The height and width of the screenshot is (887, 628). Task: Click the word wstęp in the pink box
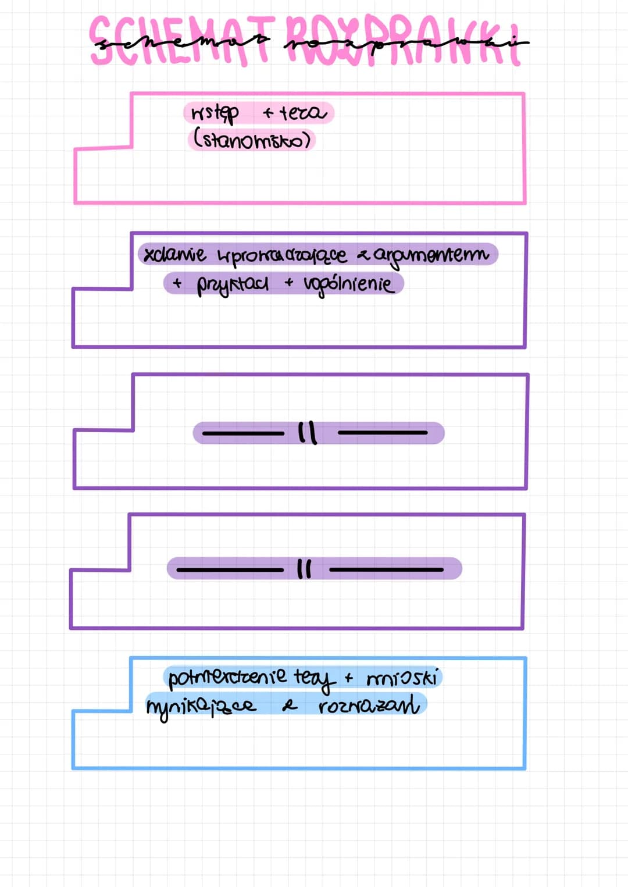215,113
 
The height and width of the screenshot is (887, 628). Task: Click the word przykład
233,284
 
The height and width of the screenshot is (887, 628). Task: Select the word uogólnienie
348,284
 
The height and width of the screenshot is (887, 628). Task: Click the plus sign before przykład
177,283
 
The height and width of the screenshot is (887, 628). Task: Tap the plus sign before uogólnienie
289,283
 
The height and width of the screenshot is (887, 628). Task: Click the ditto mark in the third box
307,433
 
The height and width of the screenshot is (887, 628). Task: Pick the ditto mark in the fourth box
304,569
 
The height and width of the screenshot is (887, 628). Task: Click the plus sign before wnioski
348,678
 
